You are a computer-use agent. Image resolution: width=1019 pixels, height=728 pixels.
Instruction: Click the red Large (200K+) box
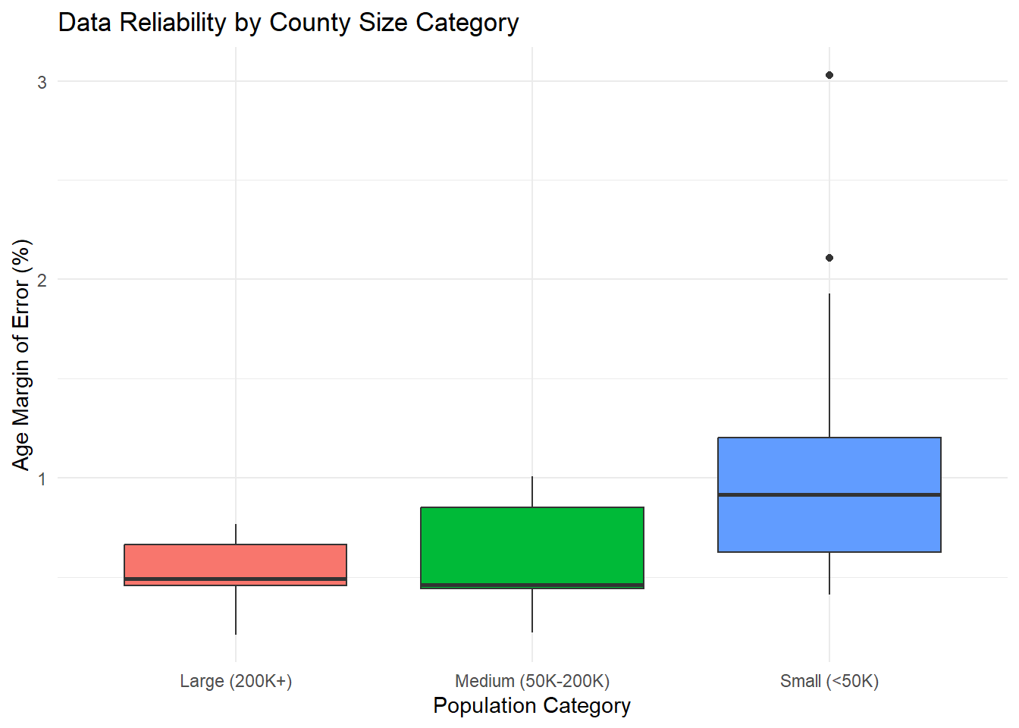pyautogui.click(x=235, y=561)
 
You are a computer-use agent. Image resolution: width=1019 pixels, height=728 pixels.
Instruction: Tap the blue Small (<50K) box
pyautogui.click(x=829, y=466)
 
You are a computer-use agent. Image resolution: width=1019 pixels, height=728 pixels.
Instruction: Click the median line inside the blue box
pyautogui.click(x=829, y=494)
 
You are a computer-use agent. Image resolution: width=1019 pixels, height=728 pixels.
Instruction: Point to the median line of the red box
pyautogui.click(x=235, y=579)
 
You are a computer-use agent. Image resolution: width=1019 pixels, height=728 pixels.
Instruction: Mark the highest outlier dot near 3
pyautogui.click(x=829, y=75)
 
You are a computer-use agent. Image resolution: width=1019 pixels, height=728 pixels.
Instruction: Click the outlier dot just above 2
pyautogui.click(x=829, y=258)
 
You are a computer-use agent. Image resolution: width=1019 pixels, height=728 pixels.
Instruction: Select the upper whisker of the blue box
pyautogui.click(x=829, y=364)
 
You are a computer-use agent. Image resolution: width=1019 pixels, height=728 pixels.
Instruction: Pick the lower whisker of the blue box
pyautogui.click(x=829, y=573)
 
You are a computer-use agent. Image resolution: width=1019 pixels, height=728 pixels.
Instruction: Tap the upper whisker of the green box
pyautogui.click(x=532, y=491)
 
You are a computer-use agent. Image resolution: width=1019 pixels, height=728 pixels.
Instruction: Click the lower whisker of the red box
pyautogui.click(x=236, y=610)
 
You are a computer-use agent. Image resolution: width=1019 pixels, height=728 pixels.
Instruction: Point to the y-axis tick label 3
pyautogui.click(x=42, y=82)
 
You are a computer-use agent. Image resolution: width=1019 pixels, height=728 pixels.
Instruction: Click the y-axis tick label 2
pyautogui.click(x=42, y=280)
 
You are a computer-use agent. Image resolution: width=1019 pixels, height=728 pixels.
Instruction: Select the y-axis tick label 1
pyautogui.click(x=42, y=479)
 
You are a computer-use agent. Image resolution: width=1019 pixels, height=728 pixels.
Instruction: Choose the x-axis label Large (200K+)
pyautogui.click(x=236, y=681)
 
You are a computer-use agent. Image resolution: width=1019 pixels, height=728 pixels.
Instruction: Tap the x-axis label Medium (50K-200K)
pyautogui.click(x=532, y=681)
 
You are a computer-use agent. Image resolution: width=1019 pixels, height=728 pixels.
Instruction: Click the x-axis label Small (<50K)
pyautogui.click(x=829, y=681)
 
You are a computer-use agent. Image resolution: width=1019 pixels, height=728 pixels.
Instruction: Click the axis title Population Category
pyautogui.click(x=531, y=705)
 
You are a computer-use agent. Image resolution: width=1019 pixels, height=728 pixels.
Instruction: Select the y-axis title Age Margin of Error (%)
pyautogui.click(x=21, y=355)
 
